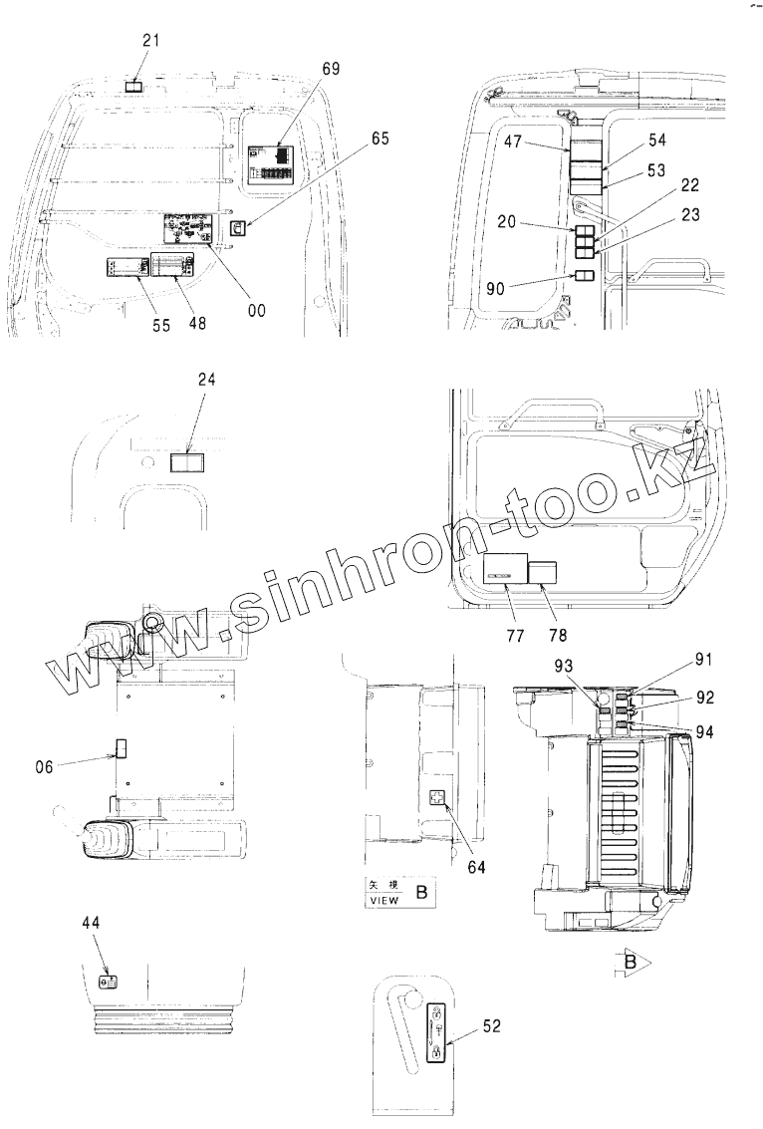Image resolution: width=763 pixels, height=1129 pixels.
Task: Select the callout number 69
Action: [x=331, y=68]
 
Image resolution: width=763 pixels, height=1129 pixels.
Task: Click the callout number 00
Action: [x=257, y=310]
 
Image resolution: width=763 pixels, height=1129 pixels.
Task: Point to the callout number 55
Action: [x=161, y=325]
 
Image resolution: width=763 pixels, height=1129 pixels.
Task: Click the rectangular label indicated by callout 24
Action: [x=185, y=462]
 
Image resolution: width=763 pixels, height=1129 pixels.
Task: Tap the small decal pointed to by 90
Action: [x=585, y=275]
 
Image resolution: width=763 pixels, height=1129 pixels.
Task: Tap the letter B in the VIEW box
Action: [x=421, y=893]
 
